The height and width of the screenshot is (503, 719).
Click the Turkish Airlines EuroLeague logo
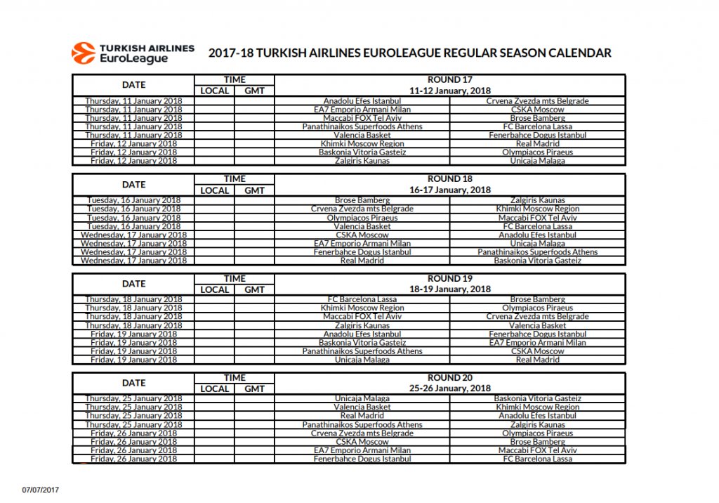(133, 53)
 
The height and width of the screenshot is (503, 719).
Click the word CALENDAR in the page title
(576, 53)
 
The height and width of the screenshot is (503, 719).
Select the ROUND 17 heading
(449, 80)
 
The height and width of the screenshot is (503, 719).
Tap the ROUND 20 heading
(449, 378)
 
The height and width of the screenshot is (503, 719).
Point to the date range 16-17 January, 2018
(449, 190)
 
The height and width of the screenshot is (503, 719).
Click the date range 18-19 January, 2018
(449, 289)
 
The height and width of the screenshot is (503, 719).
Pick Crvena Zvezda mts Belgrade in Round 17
(537, 101)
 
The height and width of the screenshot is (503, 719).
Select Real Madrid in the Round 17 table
(537, 144)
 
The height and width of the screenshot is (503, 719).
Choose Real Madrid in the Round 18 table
(362, 261)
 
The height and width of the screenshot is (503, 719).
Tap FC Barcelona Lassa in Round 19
(362, 299)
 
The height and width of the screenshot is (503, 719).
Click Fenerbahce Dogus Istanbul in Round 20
(362, 459)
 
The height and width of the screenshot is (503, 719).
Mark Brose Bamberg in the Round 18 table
(362, 201)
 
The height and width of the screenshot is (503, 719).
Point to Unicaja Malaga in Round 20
(362, 399)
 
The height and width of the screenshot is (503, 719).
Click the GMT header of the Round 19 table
(254, 289)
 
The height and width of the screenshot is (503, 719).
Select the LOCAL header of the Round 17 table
(215, 91)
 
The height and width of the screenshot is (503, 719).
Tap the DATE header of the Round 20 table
(133, 384)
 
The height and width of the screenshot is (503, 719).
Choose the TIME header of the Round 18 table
(235, 179)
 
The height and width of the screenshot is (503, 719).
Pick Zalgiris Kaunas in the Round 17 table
(362, 161)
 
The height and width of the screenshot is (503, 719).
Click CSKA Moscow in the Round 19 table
(537, 351)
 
